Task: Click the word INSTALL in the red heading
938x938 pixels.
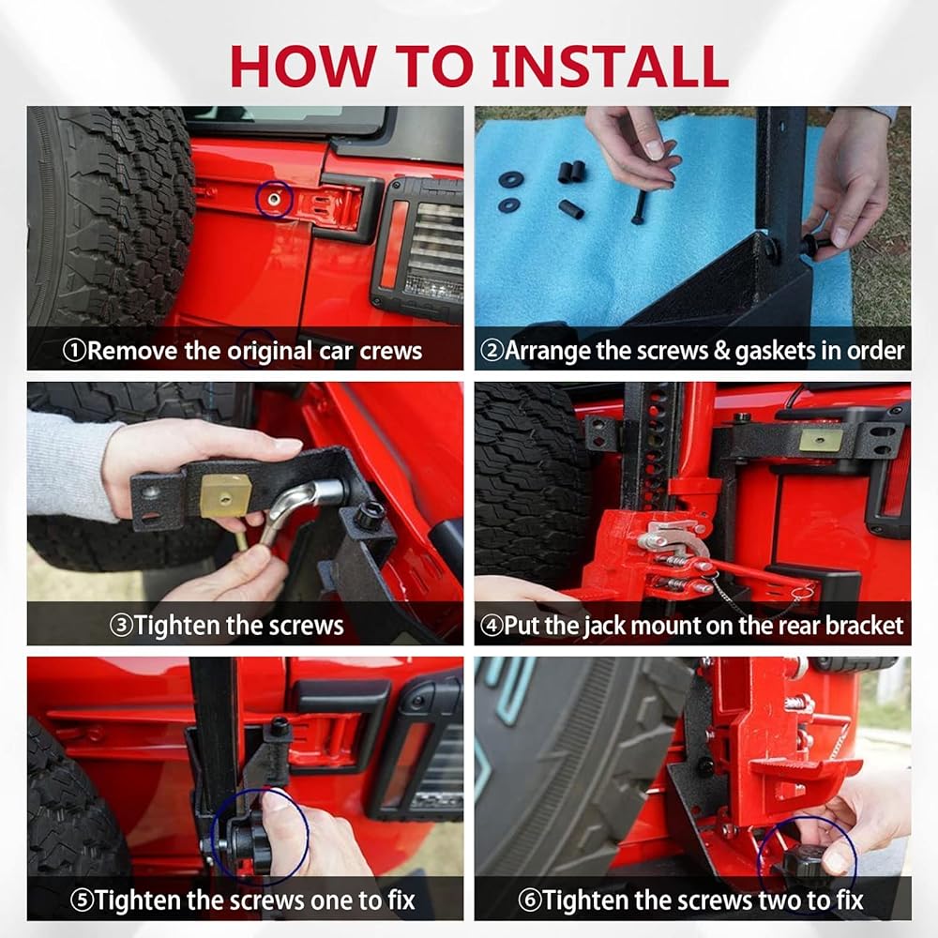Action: point(611,66)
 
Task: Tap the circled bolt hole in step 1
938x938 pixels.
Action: point(274,199)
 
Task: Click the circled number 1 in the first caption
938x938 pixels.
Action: point(74,351)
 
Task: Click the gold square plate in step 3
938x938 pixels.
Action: point(224,495)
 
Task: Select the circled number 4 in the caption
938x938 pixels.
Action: point(492,626)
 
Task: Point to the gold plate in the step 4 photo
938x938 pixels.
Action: point(821,440)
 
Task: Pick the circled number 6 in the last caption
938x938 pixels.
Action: point(529,900)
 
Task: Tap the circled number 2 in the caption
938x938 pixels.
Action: point(492,351)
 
